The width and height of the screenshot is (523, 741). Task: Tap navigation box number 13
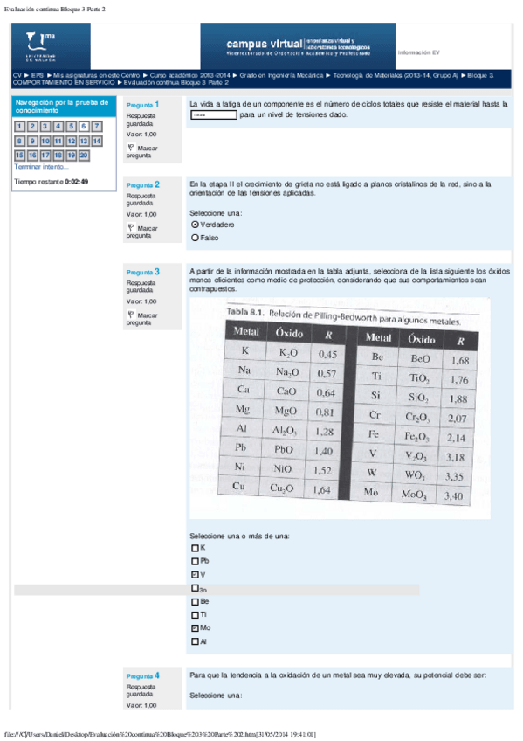[x=84, y=141]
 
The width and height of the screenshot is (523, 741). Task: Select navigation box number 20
[x=84, y=155]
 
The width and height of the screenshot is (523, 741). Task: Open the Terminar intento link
[x=41, y=166]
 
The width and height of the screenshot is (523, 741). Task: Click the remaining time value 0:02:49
[x=76, y=182]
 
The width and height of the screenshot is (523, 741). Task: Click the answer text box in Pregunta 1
[x=213, y=114]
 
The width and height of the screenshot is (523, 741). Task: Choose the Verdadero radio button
[x=196, y=225]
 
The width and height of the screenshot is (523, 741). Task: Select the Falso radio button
[x=196, y=237]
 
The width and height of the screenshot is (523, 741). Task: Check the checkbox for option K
[x=194, y=547]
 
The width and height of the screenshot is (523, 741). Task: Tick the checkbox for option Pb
[x=194, y=561]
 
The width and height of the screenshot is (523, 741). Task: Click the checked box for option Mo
[x=194, y=628]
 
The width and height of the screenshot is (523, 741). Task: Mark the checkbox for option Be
[x=194, y=602]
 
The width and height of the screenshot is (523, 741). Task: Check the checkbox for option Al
[x=194, y=642]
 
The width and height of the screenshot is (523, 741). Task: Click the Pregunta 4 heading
[x=142, y=676]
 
